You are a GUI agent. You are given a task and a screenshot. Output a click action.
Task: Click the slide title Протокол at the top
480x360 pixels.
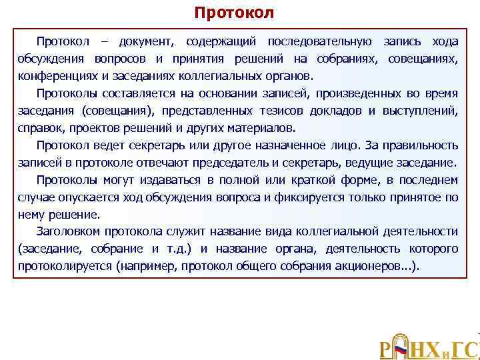coord(233,13)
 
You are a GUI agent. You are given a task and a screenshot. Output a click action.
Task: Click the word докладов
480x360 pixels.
coord(341,110)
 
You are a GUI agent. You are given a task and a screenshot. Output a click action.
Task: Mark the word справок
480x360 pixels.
coord(39,127)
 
